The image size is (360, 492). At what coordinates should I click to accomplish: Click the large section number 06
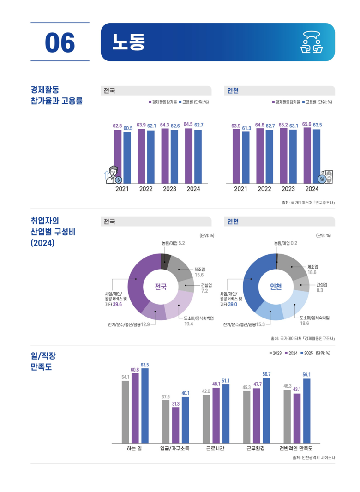(x=60, y=42)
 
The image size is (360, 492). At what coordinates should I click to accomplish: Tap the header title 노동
(x=128, y=42)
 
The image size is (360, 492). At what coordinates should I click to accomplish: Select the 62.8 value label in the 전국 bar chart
(x=117, y=126)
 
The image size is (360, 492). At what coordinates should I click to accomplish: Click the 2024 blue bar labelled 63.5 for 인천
(x=317, y=156)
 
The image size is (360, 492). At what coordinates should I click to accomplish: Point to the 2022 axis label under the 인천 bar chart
(x=264, y=189)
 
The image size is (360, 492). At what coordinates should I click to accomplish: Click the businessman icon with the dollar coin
(x=114, y=174)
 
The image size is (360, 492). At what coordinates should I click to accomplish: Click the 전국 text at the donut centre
(x=161, y=287)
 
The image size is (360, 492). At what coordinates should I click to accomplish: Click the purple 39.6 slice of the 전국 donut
(x=138, y=286)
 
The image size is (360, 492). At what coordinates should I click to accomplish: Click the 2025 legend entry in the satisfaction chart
(x=306, y=353)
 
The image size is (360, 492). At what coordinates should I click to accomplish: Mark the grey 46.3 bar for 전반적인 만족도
(x=287, y=416)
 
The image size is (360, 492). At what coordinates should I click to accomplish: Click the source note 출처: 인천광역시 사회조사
(x=313, y=458)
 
